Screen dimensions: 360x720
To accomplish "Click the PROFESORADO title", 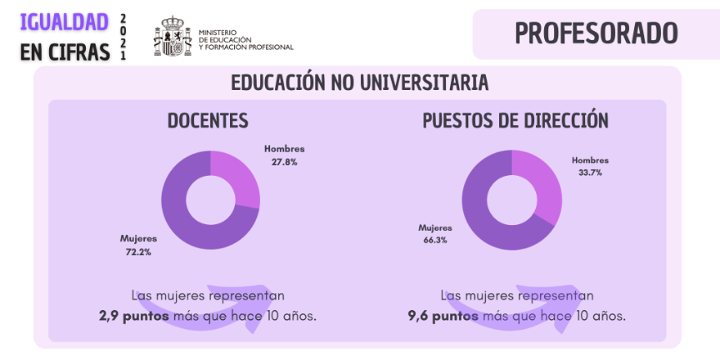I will pos(596,33).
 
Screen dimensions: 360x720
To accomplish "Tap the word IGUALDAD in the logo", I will pos(64,22).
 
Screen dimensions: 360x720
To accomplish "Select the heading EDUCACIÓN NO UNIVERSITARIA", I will pos(359,83).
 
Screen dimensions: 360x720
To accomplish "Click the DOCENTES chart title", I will pos(207,121).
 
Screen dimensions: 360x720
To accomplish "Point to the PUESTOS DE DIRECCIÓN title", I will pos(515,121).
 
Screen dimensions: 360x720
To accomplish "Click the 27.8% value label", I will pos(284,162).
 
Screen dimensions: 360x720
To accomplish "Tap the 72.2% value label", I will pos(138,252).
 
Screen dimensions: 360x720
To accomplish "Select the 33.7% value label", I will pos(590,172).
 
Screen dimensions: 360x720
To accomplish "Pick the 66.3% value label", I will pos(435,240).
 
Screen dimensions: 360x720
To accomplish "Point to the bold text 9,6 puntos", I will pos(443,317).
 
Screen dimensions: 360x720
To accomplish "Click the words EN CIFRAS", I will pos(65,52).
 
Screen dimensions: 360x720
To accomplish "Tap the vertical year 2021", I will pos(123,37).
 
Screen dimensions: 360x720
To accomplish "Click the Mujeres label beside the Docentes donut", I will pos(138,239).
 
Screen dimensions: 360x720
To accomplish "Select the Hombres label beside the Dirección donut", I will pos(590,160).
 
